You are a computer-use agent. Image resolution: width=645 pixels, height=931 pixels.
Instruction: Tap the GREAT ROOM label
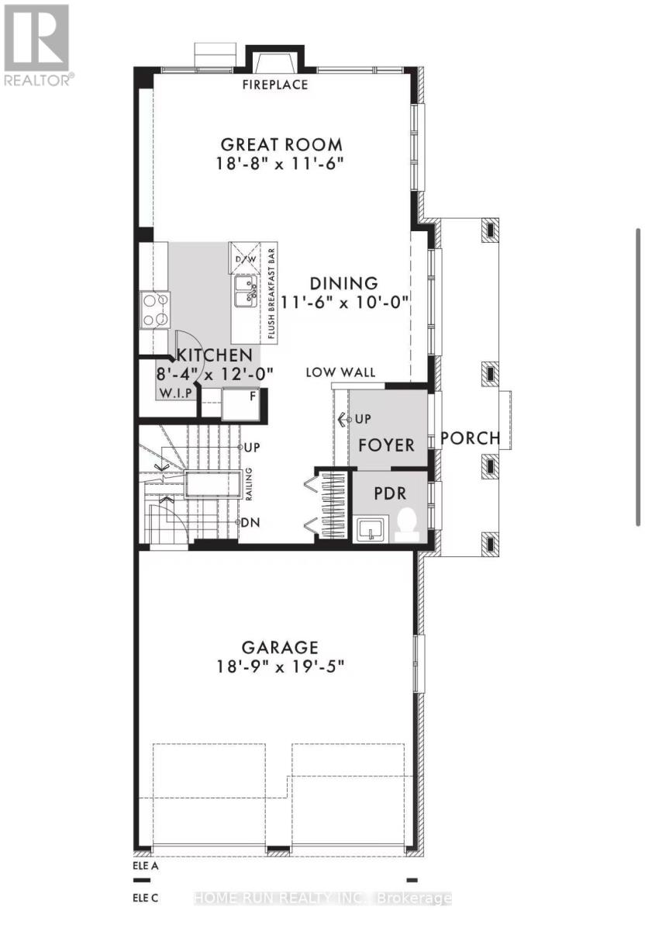(281, 144)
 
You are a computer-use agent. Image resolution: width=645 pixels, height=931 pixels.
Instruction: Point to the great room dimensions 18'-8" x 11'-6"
(281, 164)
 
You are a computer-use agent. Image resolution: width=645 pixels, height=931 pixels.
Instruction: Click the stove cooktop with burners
(154, 309)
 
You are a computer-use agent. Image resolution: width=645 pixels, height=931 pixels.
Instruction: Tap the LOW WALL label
(340, 373)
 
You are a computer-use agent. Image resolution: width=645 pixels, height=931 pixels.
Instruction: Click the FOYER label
(386, 445)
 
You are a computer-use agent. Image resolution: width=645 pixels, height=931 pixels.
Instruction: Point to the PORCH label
(470, 438)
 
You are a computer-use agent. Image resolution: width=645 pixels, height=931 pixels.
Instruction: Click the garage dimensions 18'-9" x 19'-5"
(280, 666)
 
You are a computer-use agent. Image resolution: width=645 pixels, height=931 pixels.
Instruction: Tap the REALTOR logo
(36, 44)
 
